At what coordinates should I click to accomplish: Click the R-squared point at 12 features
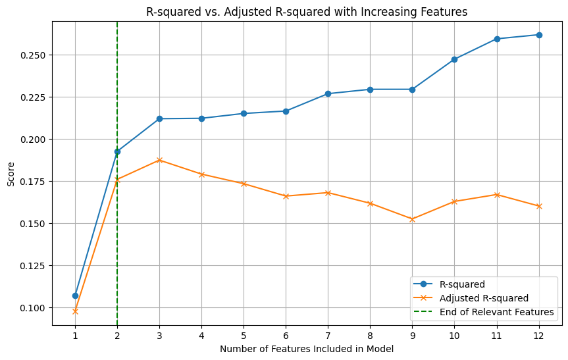coord(539,35)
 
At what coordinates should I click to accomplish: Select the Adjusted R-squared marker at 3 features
coord(159,160)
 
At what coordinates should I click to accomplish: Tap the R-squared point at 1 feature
coord(75,296)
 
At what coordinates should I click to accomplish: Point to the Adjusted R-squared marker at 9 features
coord(412,219)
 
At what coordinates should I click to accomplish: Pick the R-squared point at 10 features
coord(454,59)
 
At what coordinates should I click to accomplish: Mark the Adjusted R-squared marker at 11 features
coord(497,195)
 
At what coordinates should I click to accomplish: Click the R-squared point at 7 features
coord(328,93)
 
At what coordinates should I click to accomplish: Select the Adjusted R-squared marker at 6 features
coord(286,196)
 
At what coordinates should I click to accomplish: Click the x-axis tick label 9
coord(412,335)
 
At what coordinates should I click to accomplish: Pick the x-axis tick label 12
coord(539,335)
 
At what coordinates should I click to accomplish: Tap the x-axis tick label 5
coord(244,335)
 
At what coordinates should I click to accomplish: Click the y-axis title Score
coord(11,173)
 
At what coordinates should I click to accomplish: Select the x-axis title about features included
coord(306,349)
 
